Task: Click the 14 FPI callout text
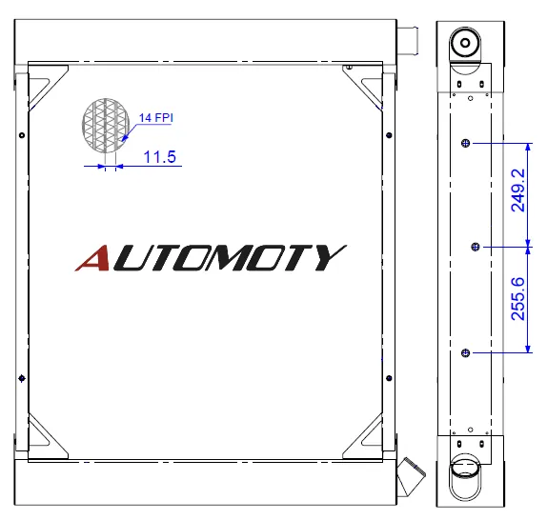tap(156, 118)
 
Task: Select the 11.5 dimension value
tap(160, 157)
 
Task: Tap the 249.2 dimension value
tap(517, 190)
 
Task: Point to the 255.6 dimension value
tap(517, 299)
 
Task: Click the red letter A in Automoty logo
tap(92, 258)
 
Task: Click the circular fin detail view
tap(106, 126)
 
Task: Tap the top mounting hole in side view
tap(465, 143)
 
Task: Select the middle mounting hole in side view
tap(476, 247)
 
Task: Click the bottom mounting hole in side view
tap(465, 353)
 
